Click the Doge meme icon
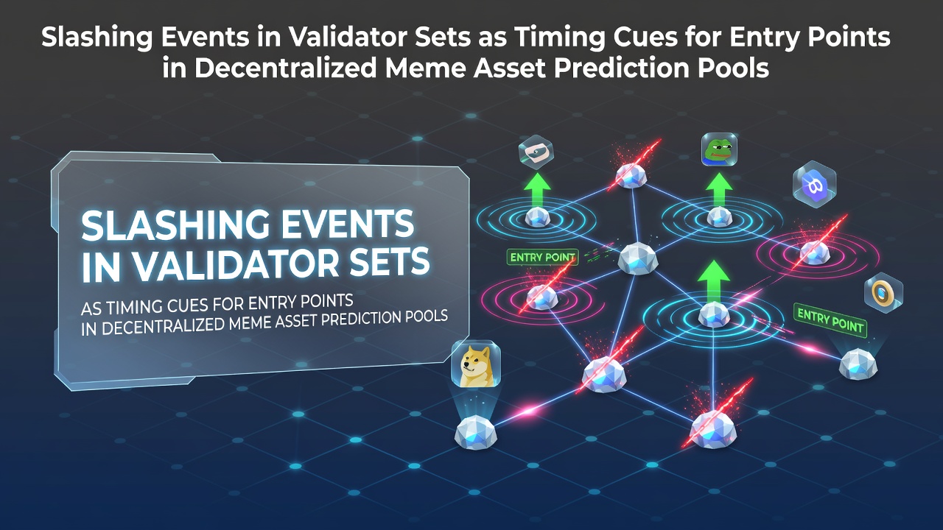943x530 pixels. pos(476,364)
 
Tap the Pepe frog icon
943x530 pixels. pos(720,149)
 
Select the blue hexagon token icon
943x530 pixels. pos(814,184)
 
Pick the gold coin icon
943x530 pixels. pos(883,292)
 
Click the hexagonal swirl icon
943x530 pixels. pos(536,152)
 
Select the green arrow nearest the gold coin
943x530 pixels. pos(714,281)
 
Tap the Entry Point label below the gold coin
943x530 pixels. pos(830,320)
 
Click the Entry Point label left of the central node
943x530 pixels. pos(543,257)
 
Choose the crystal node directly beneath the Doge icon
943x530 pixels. pos(476,432)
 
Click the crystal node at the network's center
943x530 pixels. pos(637,258)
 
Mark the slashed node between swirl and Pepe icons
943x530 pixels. pos(631,176)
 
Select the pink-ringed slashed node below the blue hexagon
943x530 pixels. pos(815,252)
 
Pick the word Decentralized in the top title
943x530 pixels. pos(285,68)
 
